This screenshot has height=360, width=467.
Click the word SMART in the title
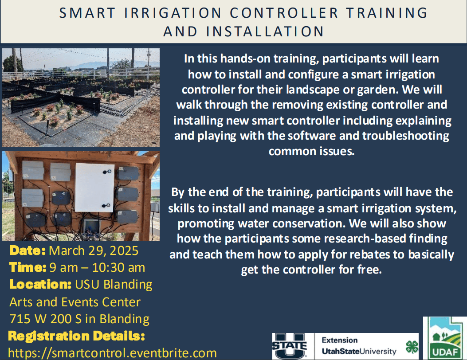tap(87, 13)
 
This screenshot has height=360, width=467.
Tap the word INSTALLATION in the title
tap(265, 31)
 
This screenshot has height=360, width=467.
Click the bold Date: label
tap(27, 251)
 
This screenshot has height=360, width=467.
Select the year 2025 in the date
tap(124, 251)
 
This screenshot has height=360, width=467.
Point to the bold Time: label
tap(27, 267)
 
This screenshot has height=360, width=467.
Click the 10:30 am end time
tap(118, 267)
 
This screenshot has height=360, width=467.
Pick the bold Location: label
tap(40, 284)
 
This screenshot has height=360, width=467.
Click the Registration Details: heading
tap(77, 336)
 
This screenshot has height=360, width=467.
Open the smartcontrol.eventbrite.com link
tap(112, 353)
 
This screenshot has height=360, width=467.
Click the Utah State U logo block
tap(289, 346)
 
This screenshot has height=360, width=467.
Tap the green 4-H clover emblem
tap(412, 347)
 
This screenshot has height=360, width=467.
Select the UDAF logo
tap(445, 338)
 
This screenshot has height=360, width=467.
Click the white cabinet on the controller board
tap(95, 187)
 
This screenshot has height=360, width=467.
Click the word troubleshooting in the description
tap(406, 136)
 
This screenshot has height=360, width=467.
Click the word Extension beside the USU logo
tap(340, 340)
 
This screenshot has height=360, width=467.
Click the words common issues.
tap(311, 151)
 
